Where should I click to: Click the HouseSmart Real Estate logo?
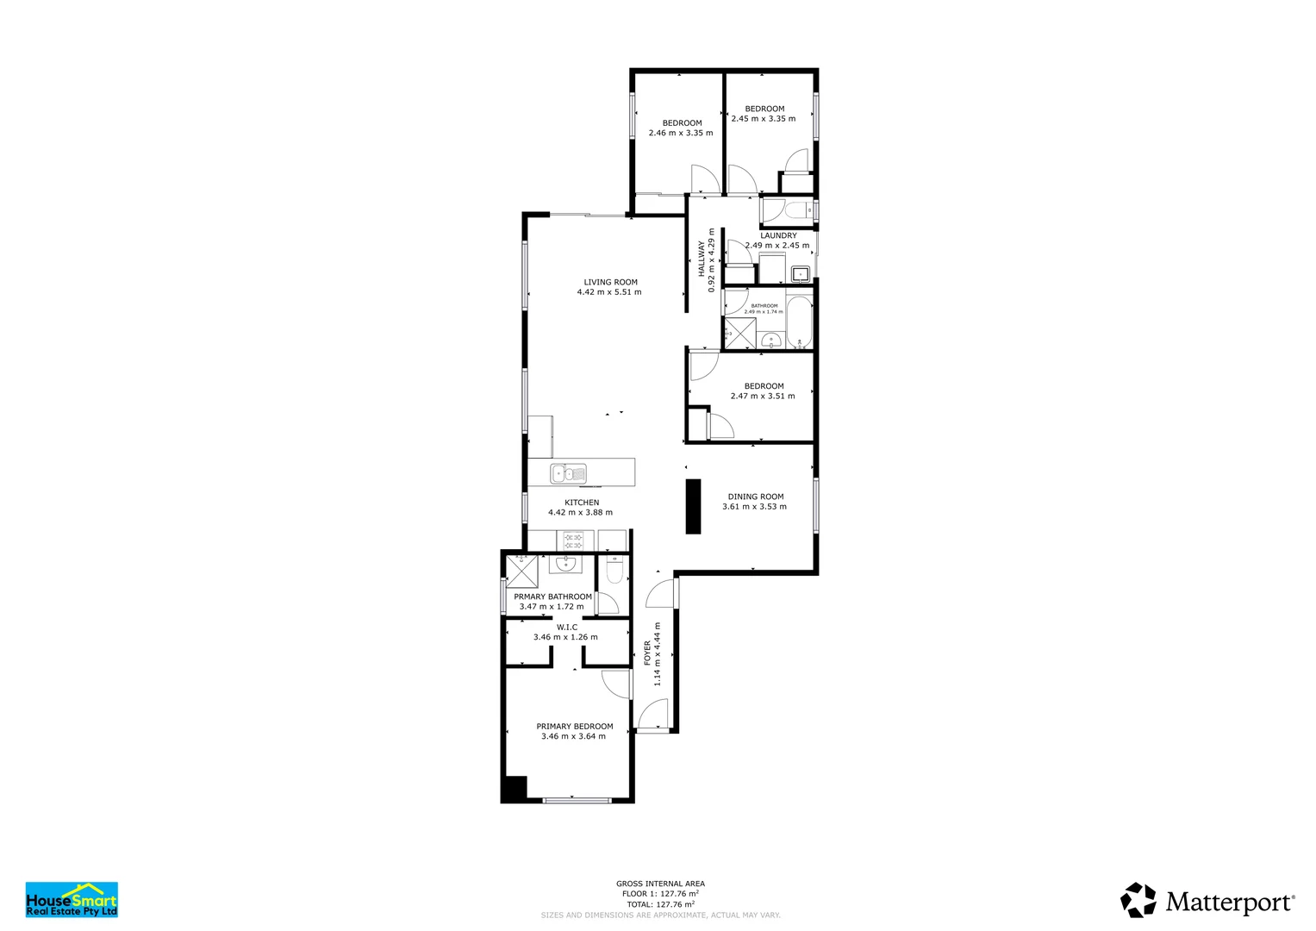pos(72,899)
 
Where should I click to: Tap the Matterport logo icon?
pos(1138,900)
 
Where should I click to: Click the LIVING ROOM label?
pos(610,282)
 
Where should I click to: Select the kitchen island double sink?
pos(569,473)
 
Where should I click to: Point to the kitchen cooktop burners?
pos(573,540)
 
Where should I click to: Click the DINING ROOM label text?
pos(755,497)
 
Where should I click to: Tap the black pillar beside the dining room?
pos(693,506)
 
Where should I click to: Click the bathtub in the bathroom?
pos(799,322)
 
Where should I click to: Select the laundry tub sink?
pos(801,274)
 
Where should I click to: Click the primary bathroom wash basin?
pos(564,565)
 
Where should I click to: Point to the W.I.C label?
pos(566,628)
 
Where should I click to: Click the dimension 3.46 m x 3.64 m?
pos(573,736)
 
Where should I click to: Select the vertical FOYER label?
pos(647,653)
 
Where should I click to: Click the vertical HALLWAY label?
pos(701,259)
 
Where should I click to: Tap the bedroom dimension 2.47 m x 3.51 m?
pos(763,397)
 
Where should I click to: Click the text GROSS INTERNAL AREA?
pos(660,884)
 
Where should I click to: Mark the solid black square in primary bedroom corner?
pos(515,788)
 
